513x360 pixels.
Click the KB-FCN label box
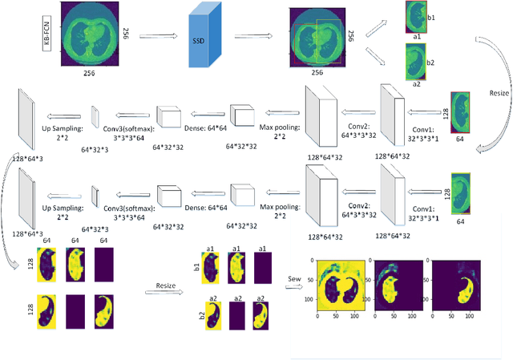point(48,37)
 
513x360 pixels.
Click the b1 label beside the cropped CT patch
point(431,15)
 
